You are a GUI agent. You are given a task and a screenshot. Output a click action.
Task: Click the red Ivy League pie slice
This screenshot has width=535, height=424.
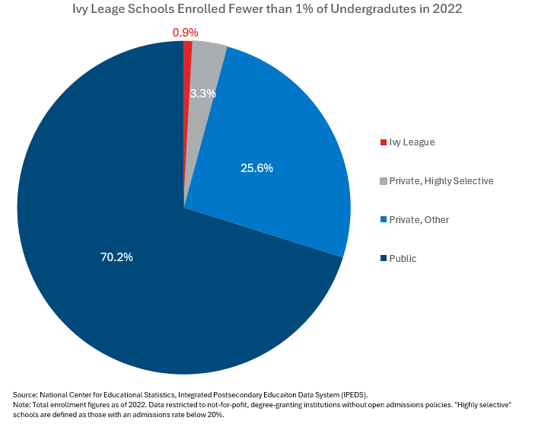tap(187, 47)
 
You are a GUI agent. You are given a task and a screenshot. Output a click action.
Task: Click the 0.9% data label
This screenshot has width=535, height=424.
tap(185, 32)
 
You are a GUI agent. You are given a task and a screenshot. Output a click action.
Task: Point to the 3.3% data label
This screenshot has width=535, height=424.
tap(202, 94)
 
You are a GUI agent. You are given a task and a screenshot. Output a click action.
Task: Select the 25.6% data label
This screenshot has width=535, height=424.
tap(256, 167)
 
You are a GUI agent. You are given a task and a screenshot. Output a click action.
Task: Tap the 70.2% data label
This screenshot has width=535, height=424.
tap(116, 257)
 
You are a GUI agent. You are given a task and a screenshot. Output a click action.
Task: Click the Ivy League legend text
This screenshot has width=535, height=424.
tap(412, 142)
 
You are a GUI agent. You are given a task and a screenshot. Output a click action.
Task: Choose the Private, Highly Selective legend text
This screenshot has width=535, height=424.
tap(441, 181)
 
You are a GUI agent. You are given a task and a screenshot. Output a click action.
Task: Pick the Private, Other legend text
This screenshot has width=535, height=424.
tap(419, 220)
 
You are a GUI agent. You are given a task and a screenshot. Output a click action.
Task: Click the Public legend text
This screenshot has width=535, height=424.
tap(403, 259)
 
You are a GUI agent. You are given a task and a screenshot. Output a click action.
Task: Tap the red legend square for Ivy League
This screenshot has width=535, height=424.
tap(383, 142)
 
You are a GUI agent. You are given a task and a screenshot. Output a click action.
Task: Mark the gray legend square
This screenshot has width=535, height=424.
tap(383, 181)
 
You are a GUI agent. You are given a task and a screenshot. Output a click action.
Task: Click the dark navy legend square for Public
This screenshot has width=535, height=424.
tap(383, 259)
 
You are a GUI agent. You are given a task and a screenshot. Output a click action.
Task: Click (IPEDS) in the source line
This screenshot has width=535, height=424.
tap(353, 394)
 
